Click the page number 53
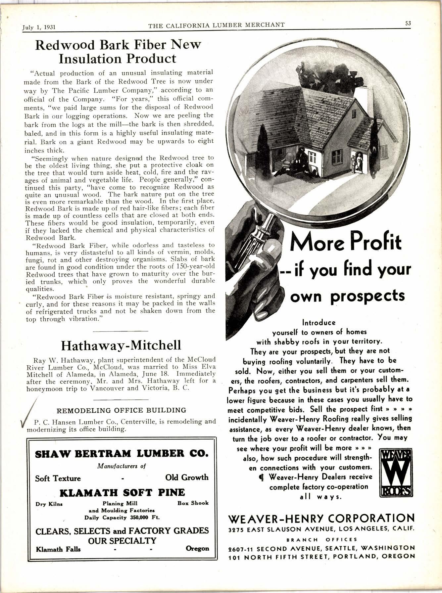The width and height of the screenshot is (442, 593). click(408, 23)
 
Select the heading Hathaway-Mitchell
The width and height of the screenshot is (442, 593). click(121, 345)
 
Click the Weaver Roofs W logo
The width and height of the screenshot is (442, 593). click(396, 473)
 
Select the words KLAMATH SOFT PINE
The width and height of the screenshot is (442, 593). click(122, 492)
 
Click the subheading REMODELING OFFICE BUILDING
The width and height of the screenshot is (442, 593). click(122, 410)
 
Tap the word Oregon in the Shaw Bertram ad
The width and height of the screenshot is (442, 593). click(197, 548)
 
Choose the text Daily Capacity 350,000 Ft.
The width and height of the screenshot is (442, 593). click(122, 517)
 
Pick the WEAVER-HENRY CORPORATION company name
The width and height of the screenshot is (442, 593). click(321, 518)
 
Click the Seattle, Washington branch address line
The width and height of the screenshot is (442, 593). click(321, 548)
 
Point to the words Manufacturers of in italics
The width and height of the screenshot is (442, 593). click(122, 466)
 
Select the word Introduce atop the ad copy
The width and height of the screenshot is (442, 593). click(319, 322)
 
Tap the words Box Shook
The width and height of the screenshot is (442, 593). click(193, 503)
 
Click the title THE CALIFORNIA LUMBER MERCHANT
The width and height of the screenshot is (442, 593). click(216, 25)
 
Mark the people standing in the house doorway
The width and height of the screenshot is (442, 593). click(358, 162)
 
